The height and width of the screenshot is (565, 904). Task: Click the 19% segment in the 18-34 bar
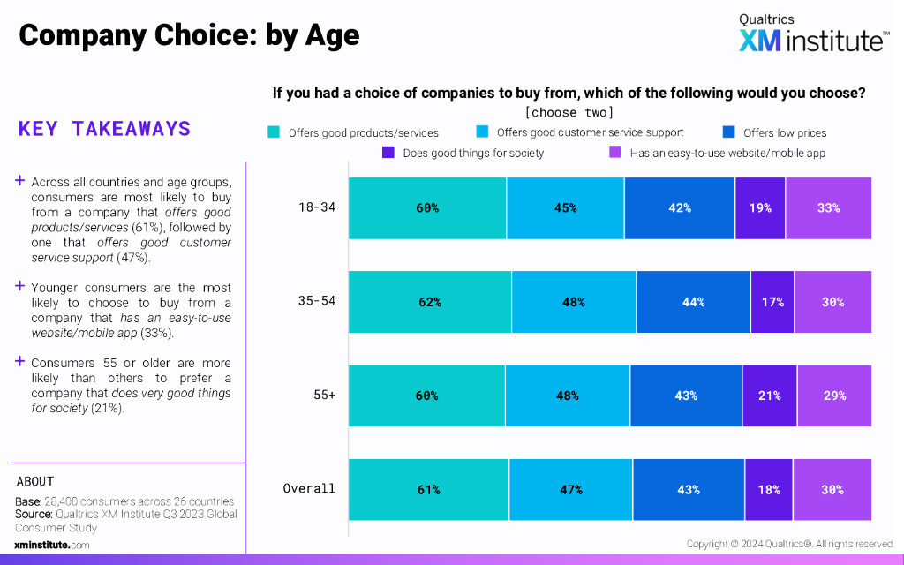click(x=760, y=208)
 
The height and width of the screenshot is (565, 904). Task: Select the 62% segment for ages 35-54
click(x=430, y=302)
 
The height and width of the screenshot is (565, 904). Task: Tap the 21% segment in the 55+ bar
click(x=768, y=395)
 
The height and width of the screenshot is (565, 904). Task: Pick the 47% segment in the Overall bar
click(x=570, y=489)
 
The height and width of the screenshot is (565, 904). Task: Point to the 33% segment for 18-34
click(x=828, y=208)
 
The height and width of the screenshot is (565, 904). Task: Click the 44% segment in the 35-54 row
click(x=693, y=302)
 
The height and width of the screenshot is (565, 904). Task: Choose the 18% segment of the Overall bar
click(x=768, y=489)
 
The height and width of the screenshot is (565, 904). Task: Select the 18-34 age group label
click(x=317, y=208)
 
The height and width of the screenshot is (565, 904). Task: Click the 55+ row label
click(x=323, y=395)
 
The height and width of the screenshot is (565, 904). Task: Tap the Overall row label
click(x=309, y=489)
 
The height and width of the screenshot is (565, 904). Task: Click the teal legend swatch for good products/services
click(x=274, y=133)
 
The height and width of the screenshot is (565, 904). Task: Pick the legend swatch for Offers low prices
click(x=728, y=133)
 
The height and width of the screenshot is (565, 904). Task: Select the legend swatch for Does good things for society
click(x=388, y=153)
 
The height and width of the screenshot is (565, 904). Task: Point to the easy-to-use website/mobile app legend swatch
click(x=616, y=153)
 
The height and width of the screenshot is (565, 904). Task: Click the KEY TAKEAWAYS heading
click(x=104, y=129)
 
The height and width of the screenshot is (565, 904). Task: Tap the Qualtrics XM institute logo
click(x=813, y=34)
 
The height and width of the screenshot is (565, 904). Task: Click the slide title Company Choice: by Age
click(x=189, y=35)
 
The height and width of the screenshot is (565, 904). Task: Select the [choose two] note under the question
click(x=569, y=112)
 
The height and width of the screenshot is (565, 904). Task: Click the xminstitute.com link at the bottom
click(x=52, y=546)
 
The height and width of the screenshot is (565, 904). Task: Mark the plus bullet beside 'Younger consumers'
click(x=19, y=286)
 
